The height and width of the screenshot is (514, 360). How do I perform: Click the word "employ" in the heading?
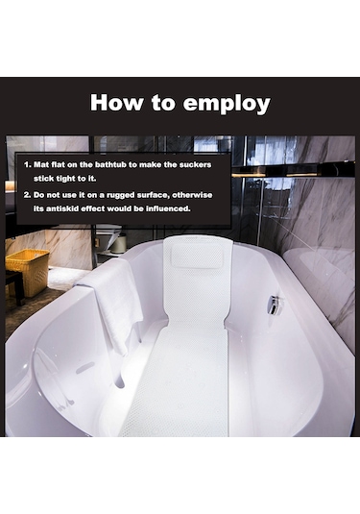[x=227, y=104]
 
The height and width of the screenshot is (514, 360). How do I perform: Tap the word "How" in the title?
[x=117, y=102]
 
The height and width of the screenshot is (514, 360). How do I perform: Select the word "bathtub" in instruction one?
[x=110, y=164]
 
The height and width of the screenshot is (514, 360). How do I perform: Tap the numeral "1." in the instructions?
[x=28, y=164]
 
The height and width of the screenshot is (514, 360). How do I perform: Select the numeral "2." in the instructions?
[x=28, y=195]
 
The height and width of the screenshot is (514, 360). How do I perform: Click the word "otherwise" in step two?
[x=192, y=195]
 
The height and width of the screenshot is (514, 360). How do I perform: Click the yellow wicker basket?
[x=28, y=272]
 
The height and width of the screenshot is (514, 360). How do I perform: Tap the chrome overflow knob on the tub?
[x=275, y=305]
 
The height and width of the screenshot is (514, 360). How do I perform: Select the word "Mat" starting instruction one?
[x=41, y=164]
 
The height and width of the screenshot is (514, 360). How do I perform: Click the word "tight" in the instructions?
[x=66, y=179]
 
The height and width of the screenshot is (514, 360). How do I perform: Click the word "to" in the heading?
[x=163, y=103]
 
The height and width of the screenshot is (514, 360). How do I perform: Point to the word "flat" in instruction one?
[x=58, y=164]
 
